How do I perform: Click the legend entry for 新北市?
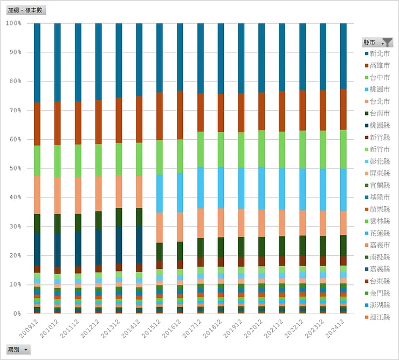pyautogui.click(x=379, y=53)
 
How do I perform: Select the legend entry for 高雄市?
pyautogui.click(x=379, y=65)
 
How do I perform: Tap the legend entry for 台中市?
pyautogui.click(x=379, y=77)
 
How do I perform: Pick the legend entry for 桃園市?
pyautogui.click(x=379, y=89)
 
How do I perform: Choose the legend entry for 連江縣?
pyautogui.click(x=379, y=317)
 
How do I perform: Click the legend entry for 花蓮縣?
pyautogui.click(x=379, y=233)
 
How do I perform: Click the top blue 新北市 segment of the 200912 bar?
pyautogui.click(x=37, y=62)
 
